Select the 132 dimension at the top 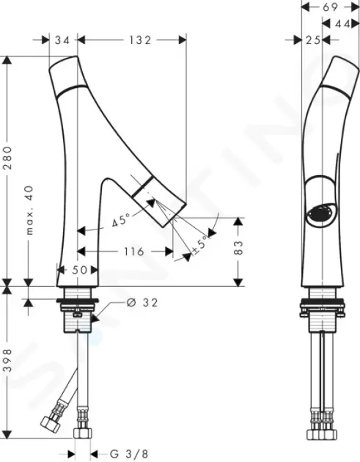click(x=140, y=40)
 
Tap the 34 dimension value click(x=63, y=40)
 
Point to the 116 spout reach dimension click(x=133, y=252)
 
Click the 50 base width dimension click(x=79, y=270)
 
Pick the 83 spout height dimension click(x=239, y=248)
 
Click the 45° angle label click(x=121, y=220)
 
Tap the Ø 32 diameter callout click(x=142, y=302)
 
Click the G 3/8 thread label click(x=129, y=454)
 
